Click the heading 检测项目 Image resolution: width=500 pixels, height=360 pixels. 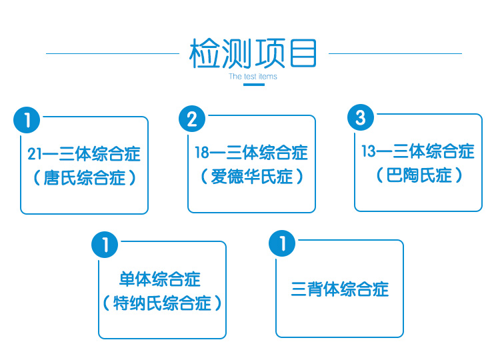pos(253,53)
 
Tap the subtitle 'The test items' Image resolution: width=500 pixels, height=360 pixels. pos(253,77)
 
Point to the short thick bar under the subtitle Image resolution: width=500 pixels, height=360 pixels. pos(254,85)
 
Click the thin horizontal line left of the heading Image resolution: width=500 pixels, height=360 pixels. pos(113,53)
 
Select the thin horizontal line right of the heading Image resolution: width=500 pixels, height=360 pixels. pos(395,53)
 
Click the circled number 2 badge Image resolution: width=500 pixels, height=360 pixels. pos(192,119)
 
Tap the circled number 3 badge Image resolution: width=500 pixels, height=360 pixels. pos(360,117)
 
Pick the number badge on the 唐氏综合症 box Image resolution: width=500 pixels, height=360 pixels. pos(27,120)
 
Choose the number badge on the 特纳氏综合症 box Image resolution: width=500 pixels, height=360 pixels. pos(105,245)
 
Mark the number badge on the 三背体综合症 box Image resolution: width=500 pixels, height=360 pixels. pos(282,243)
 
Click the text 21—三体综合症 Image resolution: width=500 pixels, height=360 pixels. pos(84,154)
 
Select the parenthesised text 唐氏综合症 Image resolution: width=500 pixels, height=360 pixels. pos(85,177)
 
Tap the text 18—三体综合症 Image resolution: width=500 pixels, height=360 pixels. pos(251,153)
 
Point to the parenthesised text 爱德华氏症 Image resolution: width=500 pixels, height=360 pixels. pos(252,176)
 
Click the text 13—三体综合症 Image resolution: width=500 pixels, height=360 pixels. pos(418,151)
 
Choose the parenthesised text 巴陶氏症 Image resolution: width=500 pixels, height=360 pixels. pos(419,175)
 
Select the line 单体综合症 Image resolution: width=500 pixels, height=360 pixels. pos(160,279)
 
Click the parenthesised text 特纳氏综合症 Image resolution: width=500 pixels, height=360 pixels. pos(162,303)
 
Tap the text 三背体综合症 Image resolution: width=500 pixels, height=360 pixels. pos(340,289)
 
